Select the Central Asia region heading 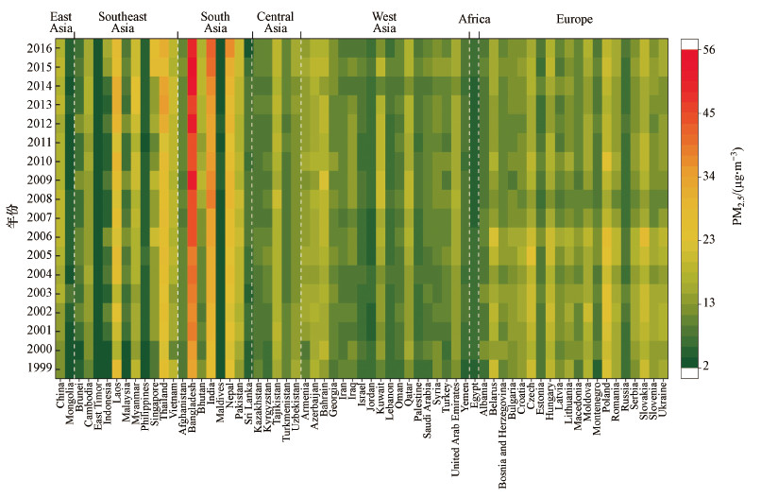pyautogui.click(x=276, y=23)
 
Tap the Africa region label pyautogui.click(x=474, y=18)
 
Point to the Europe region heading pyautogui.click(x=574, y=18)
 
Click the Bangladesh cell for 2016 pyautogui.click(x=193, y=48)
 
